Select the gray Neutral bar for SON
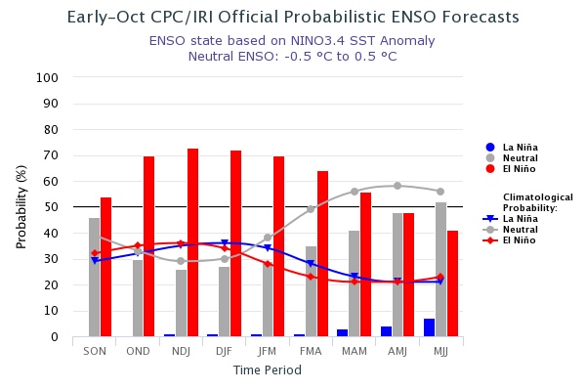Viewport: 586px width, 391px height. click(x=95, y=278)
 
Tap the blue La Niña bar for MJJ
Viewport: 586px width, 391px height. click(x=430, y=327)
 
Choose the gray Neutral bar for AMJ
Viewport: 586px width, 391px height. click(x=398, y=275)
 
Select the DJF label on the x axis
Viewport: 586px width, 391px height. click(x=225, y=351)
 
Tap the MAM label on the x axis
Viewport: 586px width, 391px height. click(x=355, y=351)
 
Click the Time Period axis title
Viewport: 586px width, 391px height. click(x=267, y=370)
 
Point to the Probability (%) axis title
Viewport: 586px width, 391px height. click(x=21, y=206)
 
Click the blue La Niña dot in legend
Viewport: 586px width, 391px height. click(x=490, y=148)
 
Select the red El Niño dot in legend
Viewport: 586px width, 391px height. click(x=490, y=169)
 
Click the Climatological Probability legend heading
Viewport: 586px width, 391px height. click(x=537, y=202)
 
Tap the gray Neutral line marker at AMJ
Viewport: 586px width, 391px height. click(x=398, y=186)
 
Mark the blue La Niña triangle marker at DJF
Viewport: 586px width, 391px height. click(x=225, y=243)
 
